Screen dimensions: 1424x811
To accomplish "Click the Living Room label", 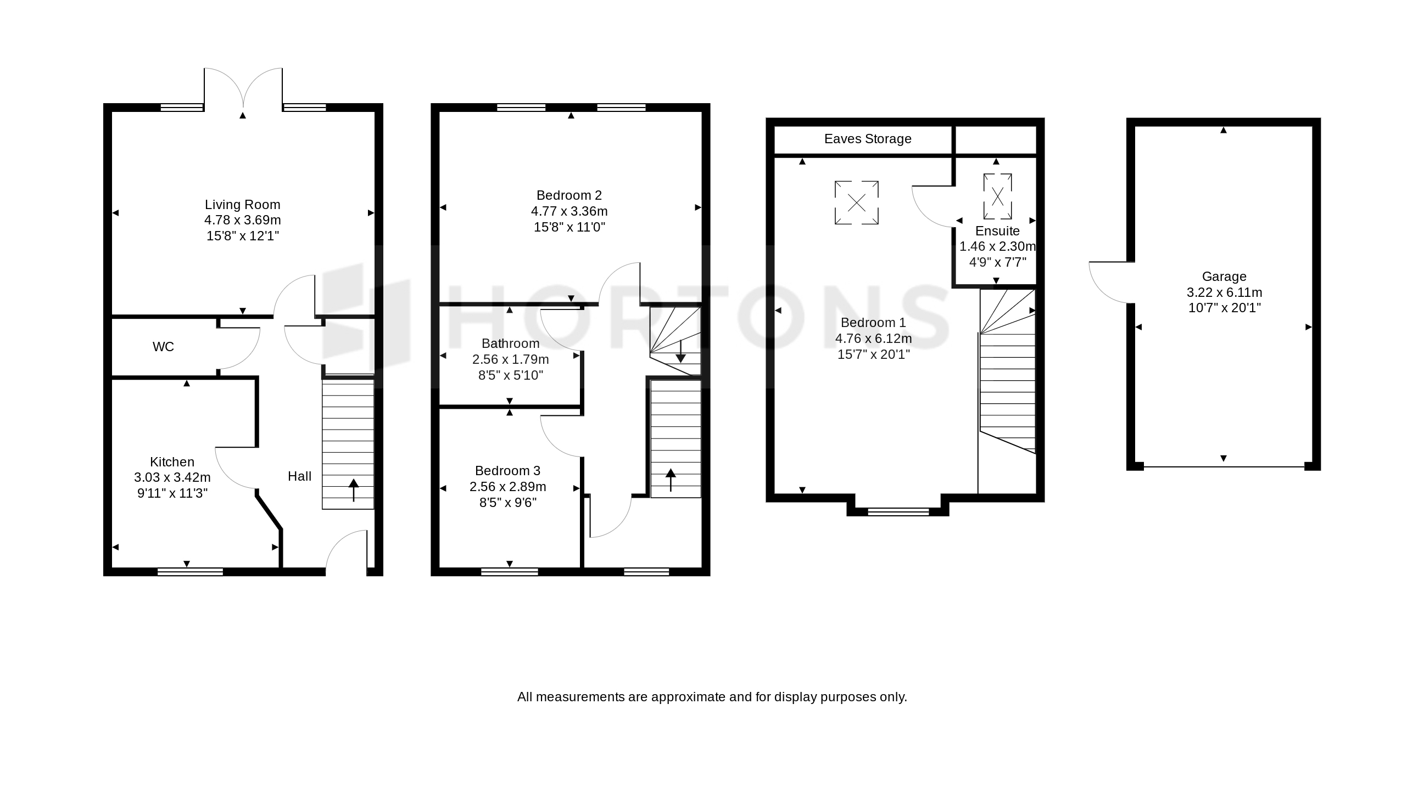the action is click(x=242, y=205).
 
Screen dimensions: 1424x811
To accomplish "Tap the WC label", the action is click(x=163, y=346).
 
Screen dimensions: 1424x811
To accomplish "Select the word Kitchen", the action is click(x=172, y=462).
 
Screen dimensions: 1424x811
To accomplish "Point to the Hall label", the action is click(x=299, y=476).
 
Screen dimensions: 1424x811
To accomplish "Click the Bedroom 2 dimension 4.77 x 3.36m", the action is click(x=569, y=211).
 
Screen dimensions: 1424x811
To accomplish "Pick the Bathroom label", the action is click(x=511, y=343).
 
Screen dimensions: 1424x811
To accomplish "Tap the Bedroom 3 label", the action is click(x=508, y=471).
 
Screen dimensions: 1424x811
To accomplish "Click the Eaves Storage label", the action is click(x=868, y=139).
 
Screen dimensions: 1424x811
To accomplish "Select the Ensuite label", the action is click(x=998, y=230).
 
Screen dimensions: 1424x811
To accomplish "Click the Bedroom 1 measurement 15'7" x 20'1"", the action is click(x=873, y=354).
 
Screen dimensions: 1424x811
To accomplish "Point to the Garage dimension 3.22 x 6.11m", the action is click(x=1224, y=292).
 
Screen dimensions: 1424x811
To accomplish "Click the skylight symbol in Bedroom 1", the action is click(x=857, y=203).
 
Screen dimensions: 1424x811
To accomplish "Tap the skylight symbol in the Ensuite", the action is click(x=998, y=196).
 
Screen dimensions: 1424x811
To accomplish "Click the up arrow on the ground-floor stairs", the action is click(x=353, y=489).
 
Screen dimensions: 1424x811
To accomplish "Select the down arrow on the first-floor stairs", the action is click(x=680, y=352).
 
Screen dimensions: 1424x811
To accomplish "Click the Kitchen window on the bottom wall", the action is click(x=190, y=572).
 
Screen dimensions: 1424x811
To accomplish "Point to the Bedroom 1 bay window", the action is click(x=898, y=512).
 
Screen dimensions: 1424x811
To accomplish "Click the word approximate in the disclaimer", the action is click(x=690, y=697).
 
